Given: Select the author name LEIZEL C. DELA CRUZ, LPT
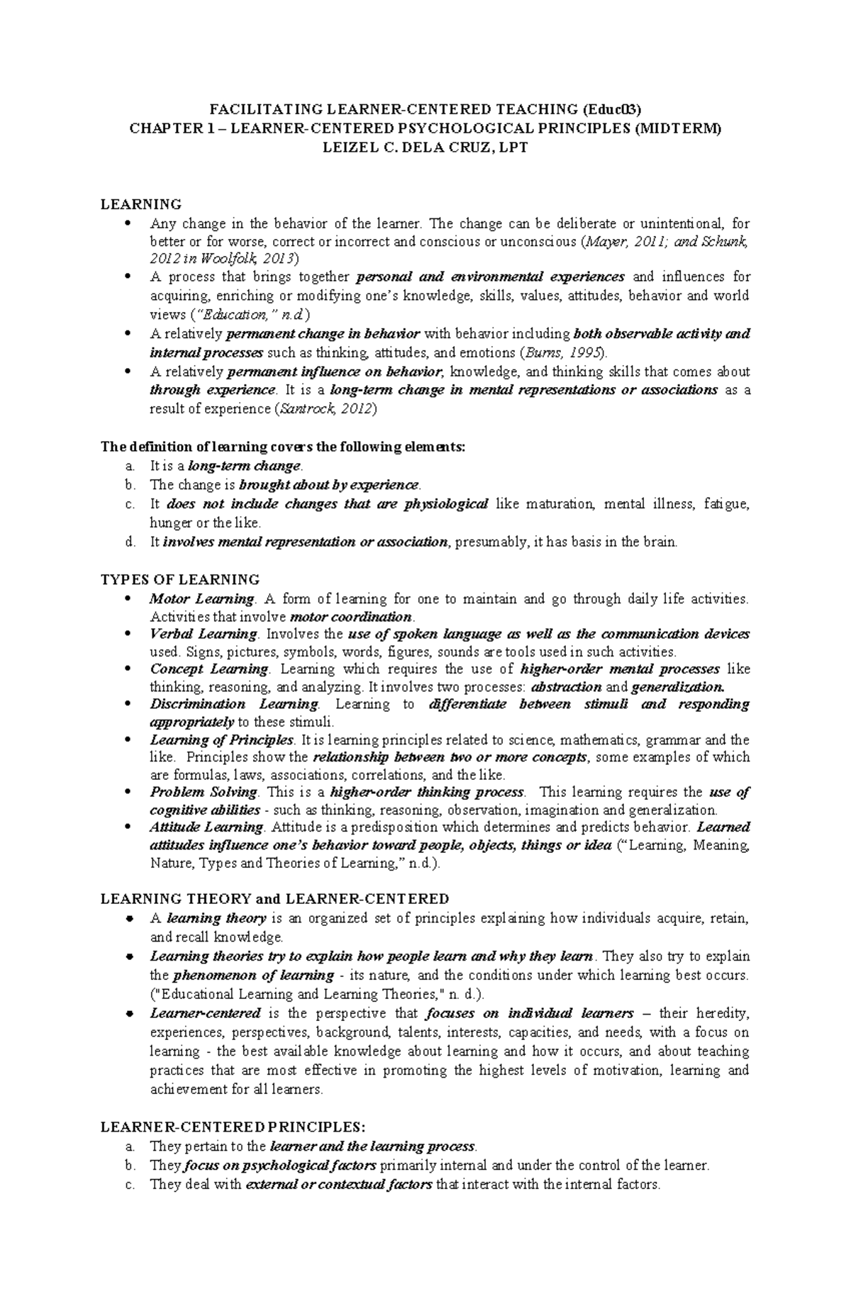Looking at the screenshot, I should click(425, 147).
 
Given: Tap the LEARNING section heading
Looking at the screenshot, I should click(141, 204).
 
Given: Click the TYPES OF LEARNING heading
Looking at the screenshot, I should click(180, 579).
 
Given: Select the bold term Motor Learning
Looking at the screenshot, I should click(201, 598).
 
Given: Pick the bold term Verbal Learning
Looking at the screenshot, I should click(204, 634).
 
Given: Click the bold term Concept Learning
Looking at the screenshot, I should click(209, 669).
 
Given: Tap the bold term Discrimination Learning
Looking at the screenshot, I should click(234, 704).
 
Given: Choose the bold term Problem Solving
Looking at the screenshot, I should click(204, 792).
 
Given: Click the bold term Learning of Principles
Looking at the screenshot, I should click(221, 739).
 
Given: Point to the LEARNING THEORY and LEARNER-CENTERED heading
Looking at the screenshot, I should click(275, 899).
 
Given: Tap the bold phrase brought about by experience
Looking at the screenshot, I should click(330, 485).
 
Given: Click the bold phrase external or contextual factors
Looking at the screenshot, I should click(338, 1184).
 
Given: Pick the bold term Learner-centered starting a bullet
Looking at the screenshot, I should click(206, 1013).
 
